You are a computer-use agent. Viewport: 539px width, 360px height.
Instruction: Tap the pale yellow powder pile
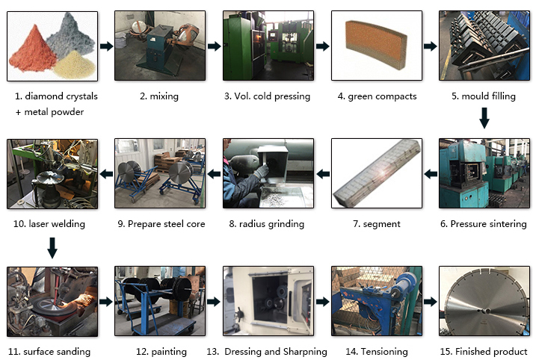tap(75, 64)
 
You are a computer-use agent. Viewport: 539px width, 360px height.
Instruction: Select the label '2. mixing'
tap(159, 96)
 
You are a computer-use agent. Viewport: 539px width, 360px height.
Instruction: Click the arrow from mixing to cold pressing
tap(214, 46)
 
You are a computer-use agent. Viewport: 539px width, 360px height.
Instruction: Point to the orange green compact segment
tap(376, 45)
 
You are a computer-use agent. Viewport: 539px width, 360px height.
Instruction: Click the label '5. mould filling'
tap(484, 96)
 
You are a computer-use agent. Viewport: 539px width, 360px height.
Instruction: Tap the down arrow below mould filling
tap(484, 118)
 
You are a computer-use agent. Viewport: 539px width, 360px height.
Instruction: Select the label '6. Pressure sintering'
tap(484, 224)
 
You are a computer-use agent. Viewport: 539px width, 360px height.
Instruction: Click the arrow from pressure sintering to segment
tap(431, 174)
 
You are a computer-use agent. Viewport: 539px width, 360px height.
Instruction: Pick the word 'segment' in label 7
tap(381, 224)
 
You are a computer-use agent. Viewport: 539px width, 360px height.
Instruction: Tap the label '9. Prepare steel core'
tap(161, 224)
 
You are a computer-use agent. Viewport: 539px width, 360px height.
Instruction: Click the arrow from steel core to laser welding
tap(106, 174)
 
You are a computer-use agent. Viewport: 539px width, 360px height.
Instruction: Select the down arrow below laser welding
tap(52, 248)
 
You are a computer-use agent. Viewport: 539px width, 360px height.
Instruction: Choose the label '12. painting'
tap(161, 352)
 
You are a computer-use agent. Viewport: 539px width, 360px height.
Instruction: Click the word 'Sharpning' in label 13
tap(305, 352)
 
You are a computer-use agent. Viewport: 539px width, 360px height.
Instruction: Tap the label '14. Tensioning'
tap(377, 352)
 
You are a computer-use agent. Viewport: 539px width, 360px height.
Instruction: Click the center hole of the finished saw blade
tap(484, 311)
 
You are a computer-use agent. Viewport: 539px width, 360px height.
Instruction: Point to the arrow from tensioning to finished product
tap(431, 302)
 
